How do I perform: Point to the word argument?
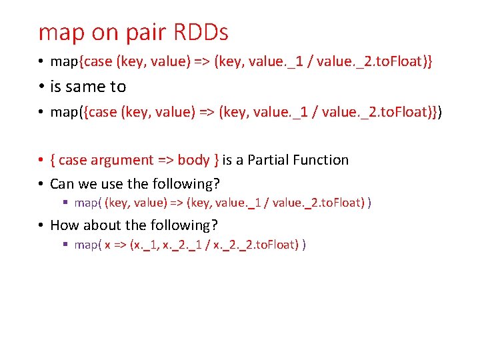point(123,161)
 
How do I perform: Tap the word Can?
point(63,183)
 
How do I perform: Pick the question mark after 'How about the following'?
point(215,225)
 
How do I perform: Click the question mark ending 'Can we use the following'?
point(217,183)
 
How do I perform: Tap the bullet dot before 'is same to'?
point(41,87)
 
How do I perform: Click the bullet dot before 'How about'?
point(41,225)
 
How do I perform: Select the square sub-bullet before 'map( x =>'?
point(65,245)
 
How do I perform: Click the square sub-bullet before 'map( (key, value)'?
point(65,203)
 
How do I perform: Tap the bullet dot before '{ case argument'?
point(41,160)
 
